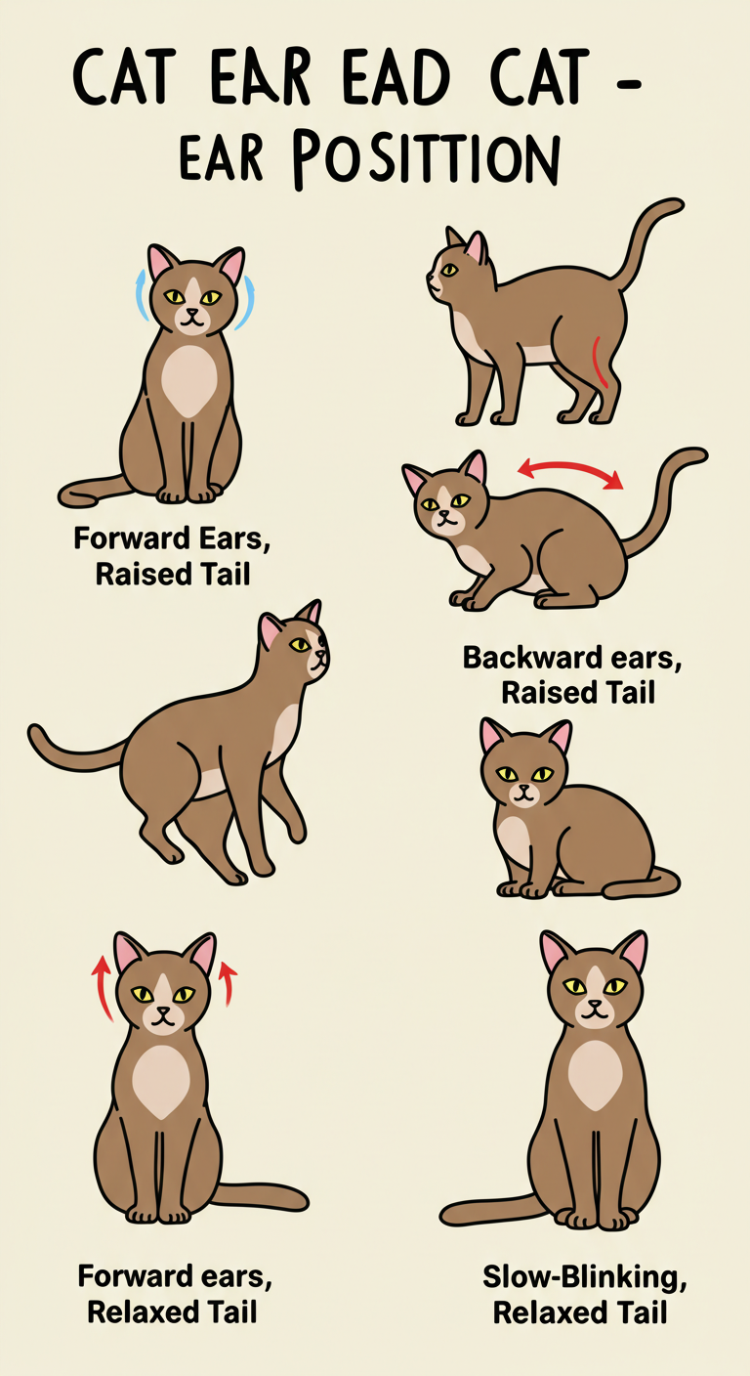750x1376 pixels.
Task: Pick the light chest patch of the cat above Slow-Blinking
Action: tap(595, 1076)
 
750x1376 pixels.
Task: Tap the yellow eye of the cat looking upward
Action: tap(300, 644)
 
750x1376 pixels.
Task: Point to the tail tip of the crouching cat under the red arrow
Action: tap(699, 454)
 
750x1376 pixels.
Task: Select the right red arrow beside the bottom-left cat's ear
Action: tap(228, 983)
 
